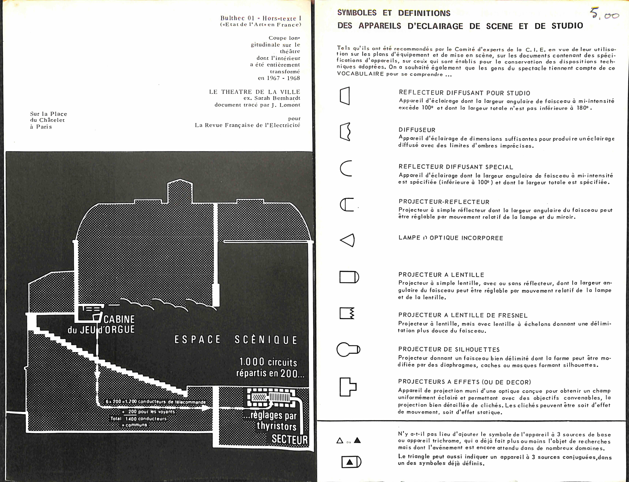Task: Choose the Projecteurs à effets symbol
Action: point(347,387)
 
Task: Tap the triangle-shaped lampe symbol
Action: point(347,240)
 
